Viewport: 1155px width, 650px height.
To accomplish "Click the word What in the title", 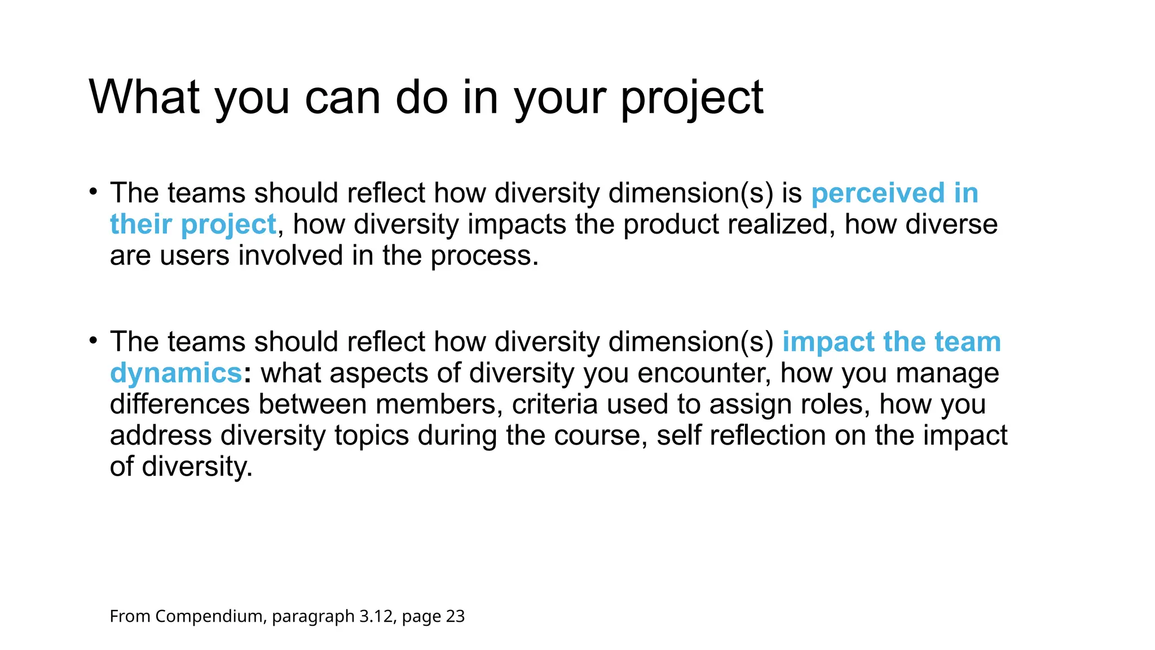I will coord(144,97).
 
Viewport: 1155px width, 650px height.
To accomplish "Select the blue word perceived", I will coord(878,193).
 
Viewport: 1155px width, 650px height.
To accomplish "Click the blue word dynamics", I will coord(176,374).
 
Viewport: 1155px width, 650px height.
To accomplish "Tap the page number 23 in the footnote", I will coord(455,616).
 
